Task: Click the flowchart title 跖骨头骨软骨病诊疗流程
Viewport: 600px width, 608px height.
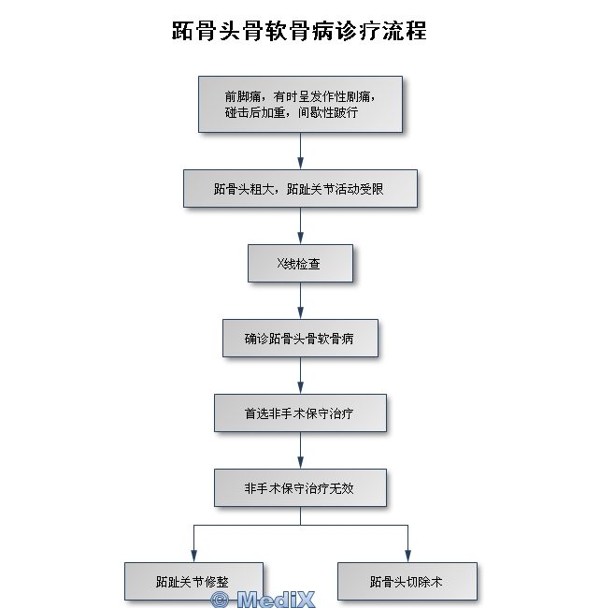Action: [x=299, y=30]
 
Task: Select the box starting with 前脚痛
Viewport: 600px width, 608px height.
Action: [x=300, y=104]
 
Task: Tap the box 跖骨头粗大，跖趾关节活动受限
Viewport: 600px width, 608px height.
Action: [x=300, y=189]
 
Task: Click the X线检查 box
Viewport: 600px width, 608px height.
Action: [x=300, y=264]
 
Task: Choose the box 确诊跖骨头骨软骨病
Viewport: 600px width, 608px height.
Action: [x=300, y=339]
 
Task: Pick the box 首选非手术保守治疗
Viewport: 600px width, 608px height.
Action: [x=300, y=413]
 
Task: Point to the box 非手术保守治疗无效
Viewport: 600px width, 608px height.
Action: [x=300, y=487]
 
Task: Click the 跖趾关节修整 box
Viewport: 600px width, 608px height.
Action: [x=193, y=581]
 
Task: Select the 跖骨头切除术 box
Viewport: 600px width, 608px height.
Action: [x=407, y=581]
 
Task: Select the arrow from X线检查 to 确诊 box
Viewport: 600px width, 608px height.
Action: [x=300, y=301]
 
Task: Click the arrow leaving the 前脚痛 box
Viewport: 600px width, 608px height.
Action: [x=300, y=152]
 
